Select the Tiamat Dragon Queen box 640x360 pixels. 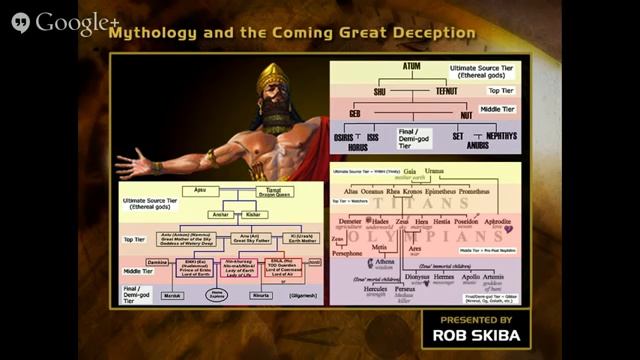tap(270, 193)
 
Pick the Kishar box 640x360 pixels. tap(253, 215)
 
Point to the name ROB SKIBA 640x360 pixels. tap(471, 335)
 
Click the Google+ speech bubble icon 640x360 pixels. tap(21, 22)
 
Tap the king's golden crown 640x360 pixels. tap(271, 78)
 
